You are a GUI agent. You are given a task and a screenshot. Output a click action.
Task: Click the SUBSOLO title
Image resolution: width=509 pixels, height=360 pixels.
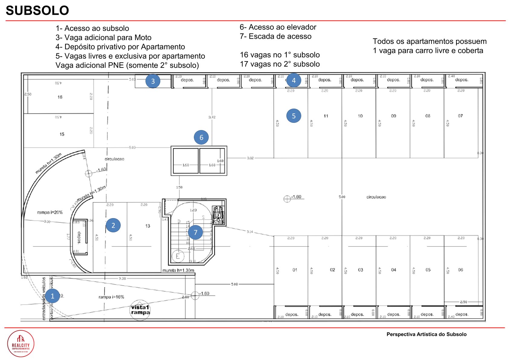click(37, 11)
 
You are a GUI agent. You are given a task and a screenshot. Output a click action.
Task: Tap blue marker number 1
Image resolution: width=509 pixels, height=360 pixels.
click(53, 296)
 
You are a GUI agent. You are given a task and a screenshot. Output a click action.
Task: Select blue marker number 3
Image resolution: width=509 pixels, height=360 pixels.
click(153, 81)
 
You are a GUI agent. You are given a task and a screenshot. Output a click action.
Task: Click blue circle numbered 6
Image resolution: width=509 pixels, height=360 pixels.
click(201, 137)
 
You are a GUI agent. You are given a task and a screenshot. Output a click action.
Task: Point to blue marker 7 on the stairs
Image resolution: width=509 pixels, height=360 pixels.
click(195, 232)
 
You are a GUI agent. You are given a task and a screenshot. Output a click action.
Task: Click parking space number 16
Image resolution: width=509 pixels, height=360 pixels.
click(60, 97)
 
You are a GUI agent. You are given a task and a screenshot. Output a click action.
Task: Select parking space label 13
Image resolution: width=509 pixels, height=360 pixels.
click(148, 226)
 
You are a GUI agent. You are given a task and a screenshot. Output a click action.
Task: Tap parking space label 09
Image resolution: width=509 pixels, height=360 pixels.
click(393, 116)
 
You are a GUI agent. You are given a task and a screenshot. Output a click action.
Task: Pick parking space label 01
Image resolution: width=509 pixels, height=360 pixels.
click(295, 270)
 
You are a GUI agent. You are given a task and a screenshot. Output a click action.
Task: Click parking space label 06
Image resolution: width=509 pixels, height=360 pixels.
click(460, 270)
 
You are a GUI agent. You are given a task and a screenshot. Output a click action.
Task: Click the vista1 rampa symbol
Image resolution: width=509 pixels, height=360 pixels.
click(140, 310)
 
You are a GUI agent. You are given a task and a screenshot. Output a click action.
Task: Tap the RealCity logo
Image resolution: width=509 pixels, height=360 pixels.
click(21, 344)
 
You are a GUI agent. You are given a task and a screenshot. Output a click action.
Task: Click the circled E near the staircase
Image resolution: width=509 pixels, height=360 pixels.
click(178, 257)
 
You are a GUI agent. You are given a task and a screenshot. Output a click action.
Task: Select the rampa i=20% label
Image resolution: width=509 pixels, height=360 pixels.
click(50, 212)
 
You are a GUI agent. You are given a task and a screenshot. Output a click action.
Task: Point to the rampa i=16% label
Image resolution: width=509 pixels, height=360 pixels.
click(111, 297)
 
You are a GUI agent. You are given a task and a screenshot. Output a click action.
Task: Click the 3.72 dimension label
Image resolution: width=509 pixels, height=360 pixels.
click(212, 117)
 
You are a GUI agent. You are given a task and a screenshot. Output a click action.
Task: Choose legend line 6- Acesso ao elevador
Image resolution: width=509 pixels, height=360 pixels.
click(278, 27)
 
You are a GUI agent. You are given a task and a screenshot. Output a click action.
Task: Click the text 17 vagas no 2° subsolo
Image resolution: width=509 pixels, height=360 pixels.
click(280, 64)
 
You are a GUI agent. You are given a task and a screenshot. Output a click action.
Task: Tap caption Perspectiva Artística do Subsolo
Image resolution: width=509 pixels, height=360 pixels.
click(426, 334)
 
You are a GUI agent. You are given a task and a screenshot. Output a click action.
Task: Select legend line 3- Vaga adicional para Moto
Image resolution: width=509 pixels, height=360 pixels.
click(103, 38)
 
